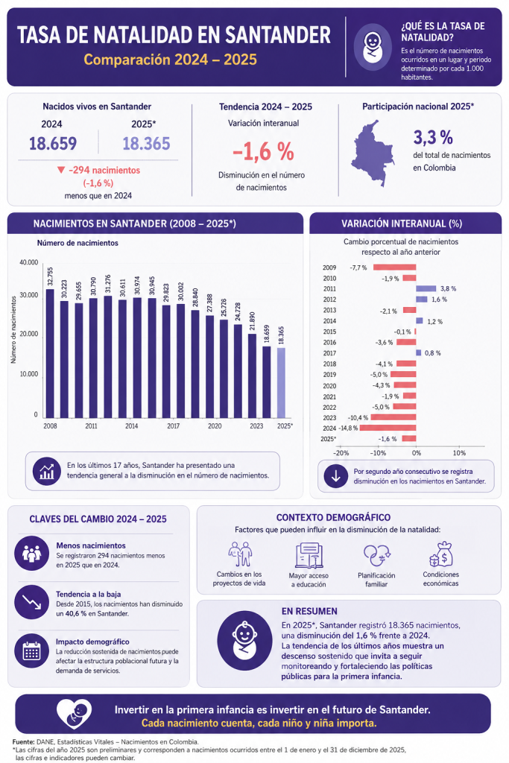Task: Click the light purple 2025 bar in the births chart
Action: point(281,382)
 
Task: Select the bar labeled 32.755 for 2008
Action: point(50,353)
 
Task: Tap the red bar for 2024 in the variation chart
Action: point(388,428)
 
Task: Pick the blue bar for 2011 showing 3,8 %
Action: point(426,288)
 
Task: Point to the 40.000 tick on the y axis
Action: point(29,262)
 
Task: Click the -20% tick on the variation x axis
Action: point(341,452)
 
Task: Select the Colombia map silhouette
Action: point(373,153)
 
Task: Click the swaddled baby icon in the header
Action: point(373,47)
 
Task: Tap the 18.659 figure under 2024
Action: point(53,144)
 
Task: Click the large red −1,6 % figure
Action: point(263,151)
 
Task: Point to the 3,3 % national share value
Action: point(433,138)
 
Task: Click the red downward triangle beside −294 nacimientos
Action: point(61,170)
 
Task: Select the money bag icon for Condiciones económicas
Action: point(441,554)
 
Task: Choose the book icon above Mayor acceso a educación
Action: point(309,555)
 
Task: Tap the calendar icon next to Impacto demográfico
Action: point(31,650)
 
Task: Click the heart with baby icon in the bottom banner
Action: point(74,714)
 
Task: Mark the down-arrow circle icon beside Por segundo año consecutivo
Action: point(336,476)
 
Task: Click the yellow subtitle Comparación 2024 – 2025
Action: point(171,60)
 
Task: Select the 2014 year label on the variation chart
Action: point(329,321)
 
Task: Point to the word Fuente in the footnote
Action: point(23,742)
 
